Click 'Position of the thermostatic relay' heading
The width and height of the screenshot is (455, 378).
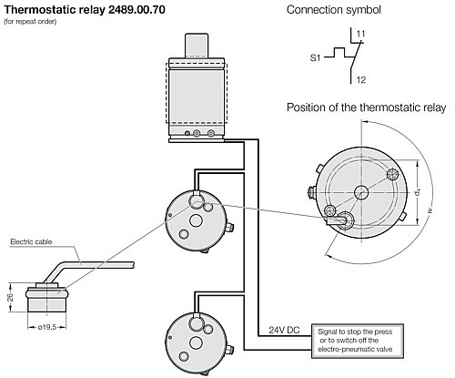point(367,107)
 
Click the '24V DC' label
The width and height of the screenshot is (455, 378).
point(285,329)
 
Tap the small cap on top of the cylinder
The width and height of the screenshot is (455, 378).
point(194,46)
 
